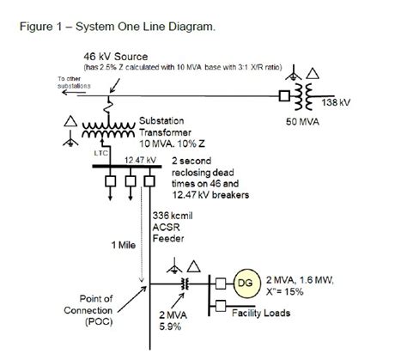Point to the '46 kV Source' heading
(x=96, y=55)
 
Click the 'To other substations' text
(x=52, y=83)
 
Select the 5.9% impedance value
(x=182, y=326)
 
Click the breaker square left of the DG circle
(x=222, y=284)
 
